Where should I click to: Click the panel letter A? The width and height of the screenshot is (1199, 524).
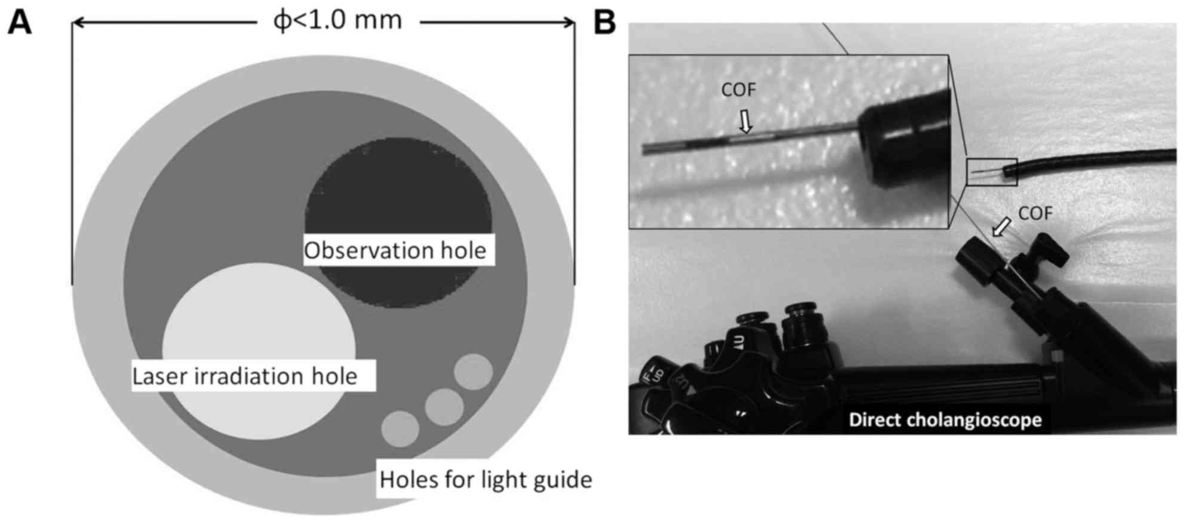click(19, 24)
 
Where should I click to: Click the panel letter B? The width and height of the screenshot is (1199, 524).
click(604, 24)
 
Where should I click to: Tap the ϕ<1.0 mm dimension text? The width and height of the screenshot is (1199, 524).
click(337, 21)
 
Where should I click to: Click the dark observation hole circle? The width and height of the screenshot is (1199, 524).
click(398, 191)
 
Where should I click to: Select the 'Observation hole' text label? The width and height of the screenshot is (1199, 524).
click(395, 250)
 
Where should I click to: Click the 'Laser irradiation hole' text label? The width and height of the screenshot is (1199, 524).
click(245, 376)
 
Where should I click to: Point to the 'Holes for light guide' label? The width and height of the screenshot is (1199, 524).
click(485, 480)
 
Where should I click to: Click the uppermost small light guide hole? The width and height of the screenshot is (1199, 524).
click(473, 372)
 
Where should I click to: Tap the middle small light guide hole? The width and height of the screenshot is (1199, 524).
click(444, 407)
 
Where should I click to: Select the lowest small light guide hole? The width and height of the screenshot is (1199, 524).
click(400, 428)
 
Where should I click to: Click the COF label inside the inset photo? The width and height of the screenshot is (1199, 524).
click(739, 90)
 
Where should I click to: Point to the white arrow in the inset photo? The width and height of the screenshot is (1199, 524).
click(745, 121)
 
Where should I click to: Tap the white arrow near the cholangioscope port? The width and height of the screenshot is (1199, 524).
click(1003, 226)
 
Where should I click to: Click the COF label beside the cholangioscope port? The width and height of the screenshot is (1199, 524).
click(1035, 213)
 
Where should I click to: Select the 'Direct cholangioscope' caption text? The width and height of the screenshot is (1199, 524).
click(945, 420)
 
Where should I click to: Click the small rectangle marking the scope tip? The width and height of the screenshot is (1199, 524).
click(992, 172)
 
